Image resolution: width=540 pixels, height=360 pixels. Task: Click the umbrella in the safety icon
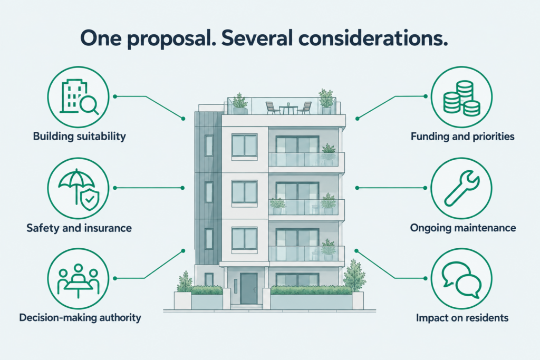pos(76,184)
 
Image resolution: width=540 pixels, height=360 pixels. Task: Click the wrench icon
pos(461,188)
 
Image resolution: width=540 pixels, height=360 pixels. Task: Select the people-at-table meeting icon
pos(79,280)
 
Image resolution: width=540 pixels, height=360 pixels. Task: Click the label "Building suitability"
pos(80,137)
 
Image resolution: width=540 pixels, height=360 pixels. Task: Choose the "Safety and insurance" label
pos(79,228)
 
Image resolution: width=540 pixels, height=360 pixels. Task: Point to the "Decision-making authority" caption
pos(80,317)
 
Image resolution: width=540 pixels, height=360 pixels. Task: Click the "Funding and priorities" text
pos(462,137)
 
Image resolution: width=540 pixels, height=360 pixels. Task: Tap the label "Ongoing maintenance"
pos(463,228)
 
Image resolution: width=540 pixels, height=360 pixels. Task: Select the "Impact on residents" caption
pos(462,317)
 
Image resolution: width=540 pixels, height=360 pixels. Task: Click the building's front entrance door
pos(249,289)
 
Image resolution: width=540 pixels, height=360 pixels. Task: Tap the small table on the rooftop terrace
pos(288,109)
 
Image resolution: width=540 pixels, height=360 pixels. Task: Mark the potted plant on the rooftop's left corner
pos(240,104)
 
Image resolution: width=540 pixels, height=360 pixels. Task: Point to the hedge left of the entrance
pos(207,290)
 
